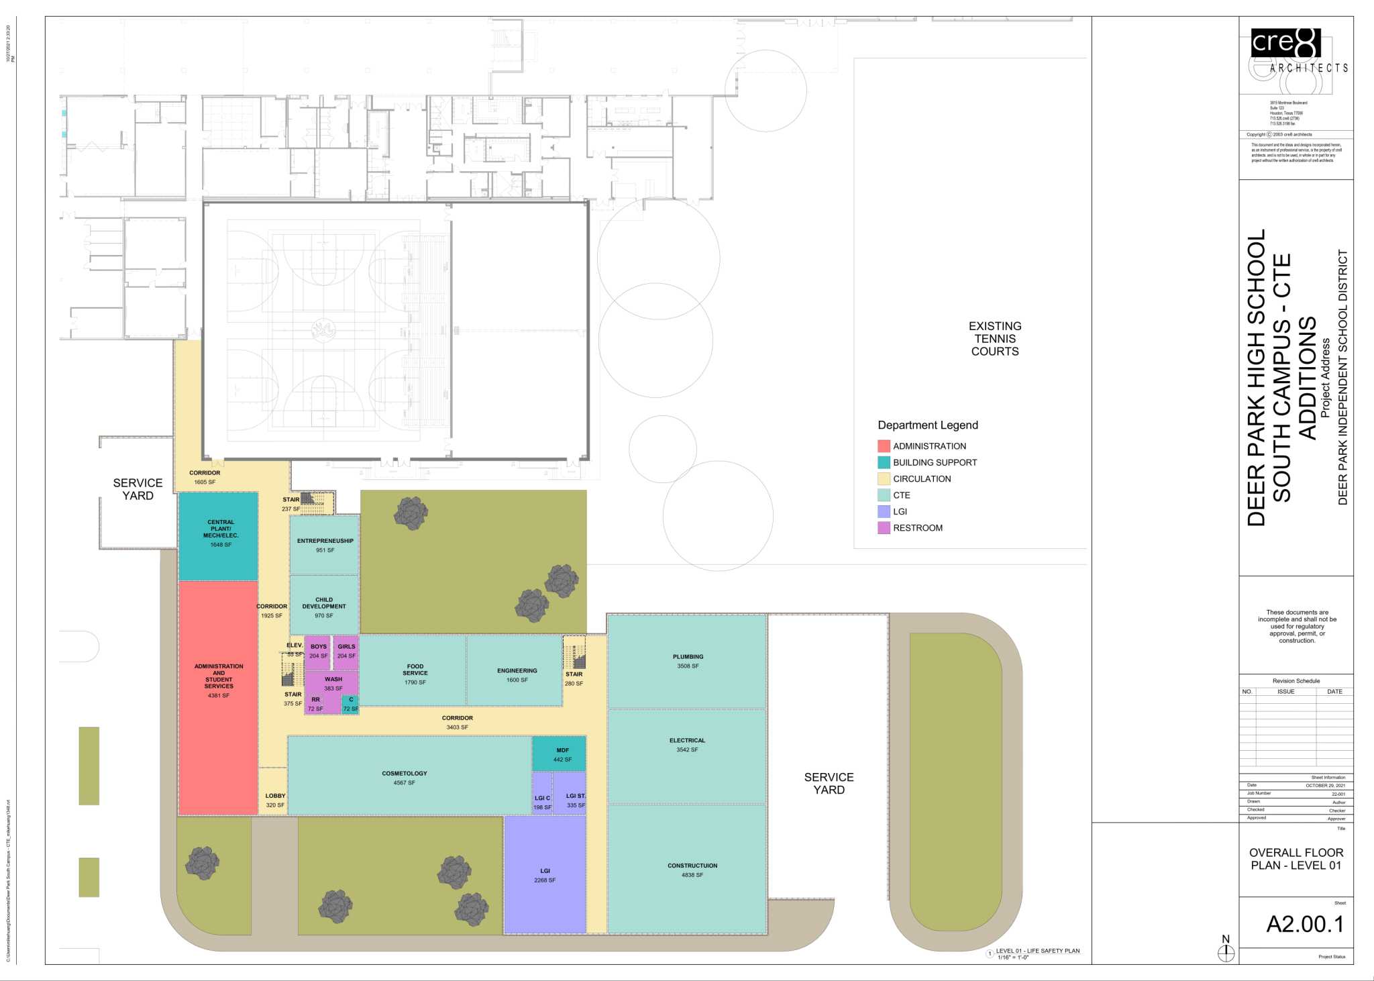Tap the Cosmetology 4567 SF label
tap(404, 778)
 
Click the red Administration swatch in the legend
tap(884, 446)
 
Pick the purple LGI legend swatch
tap(884, 511)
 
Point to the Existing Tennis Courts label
tap(994, 338)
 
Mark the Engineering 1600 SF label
tap(517, 675)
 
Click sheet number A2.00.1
tap(1305, 924)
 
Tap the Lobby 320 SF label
tap(275, 800)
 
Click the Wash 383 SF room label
tap(333, 683)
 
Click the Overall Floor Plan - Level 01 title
tap(1296, 858)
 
